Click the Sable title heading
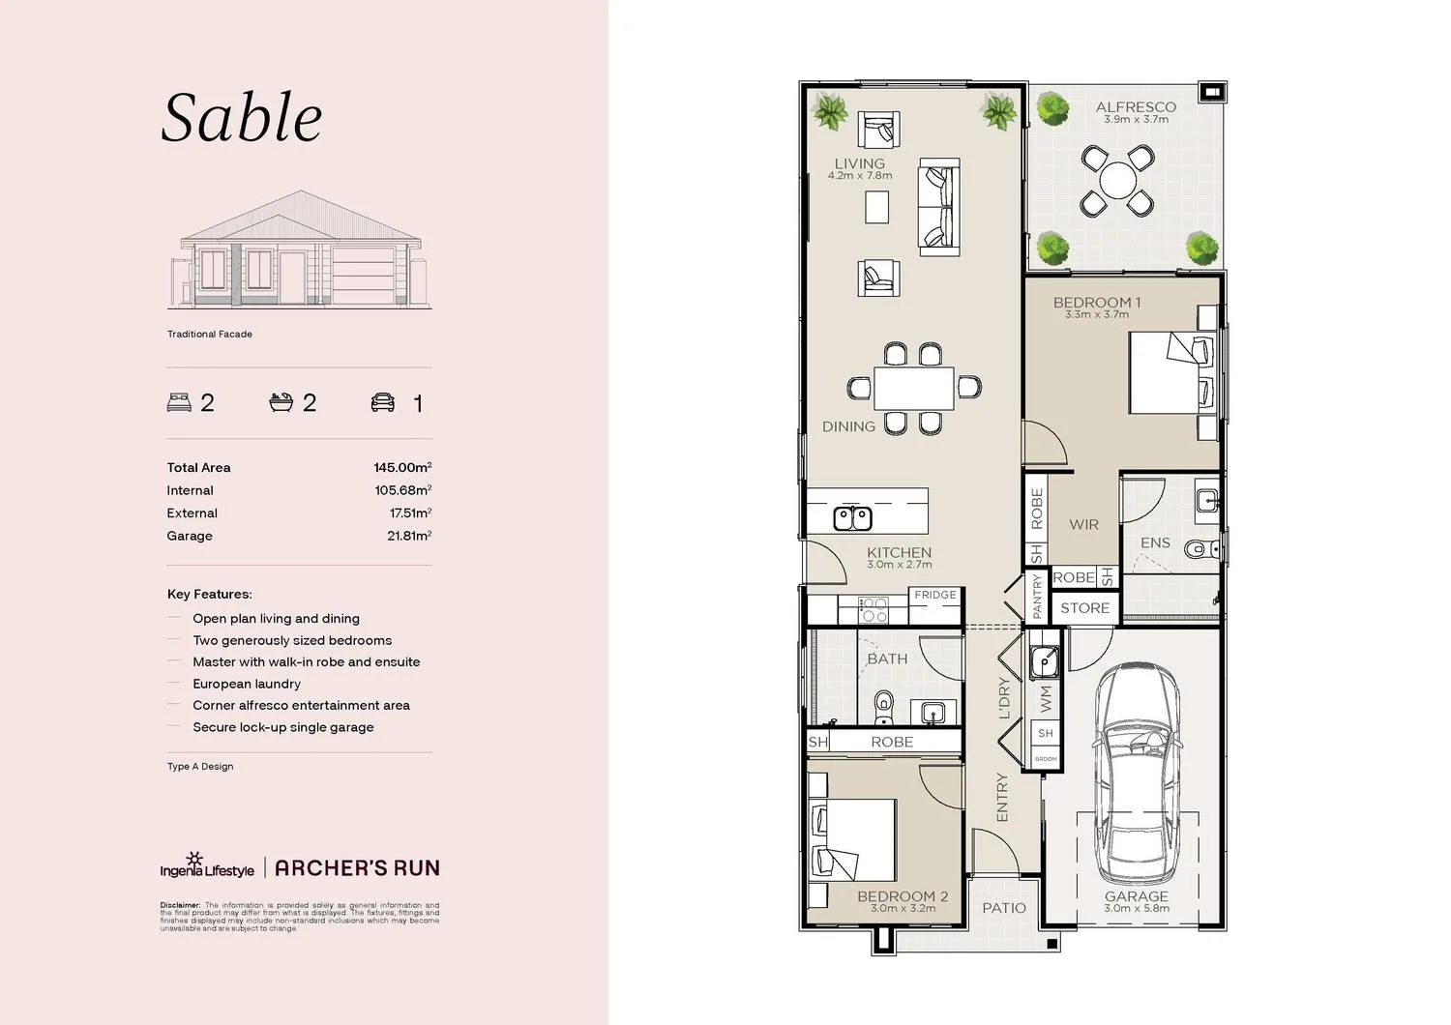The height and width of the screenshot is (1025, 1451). pos(242,118)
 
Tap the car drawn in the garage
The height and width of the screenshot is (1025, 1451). pos(1136,764)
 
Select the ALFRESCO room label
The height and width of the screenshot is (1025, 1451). pos(1136,107)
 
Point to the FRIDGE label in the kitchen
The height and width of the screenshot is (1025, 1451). pos(935,595)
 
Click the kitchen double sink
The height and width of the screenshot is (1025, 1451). pos(852,518)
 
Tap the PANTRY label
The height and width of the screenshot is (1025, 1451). pos(1037,596)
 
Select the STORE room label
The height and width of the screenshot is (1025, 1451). pos(1084,608)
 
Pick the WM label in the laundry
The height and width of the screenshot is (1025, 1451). pos(1046,698)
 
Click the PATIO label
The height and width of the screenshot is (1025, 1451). pos(1004,908)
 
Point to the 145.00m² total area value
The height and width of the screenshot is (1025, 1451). pos(401,467)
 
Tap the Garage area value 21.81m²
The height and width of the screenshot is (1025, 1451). pos(408,536)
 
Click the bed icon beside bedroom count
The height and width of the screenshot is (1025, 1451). pos(179,402)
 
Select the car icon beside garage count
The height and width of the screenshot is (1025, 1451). pos(383,402)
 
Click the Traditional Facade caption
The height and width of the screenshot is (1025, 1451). pos(209,334)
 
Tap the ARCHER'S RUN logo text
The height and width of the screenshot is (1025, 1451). pos(357,868)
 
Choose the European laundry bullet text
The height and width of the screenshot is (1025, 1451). pos(246,684)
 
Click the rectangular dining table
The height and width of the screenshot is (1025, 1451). pos(913,389)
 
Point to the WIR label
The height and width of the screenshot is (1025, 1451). pos(1083,524)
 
